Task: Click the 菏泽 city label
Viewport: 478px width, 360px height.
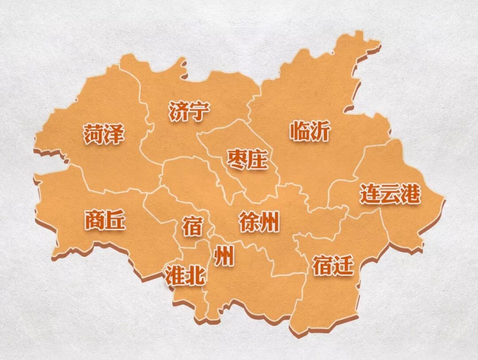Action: click(104, 134)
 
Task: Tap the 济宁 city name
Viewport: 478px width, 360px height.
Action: click(189, 112)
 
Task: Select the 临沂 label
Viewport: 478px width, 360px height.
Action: click(310, 131)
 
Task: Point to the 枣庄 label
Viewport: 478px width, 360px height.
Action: click(247, 159)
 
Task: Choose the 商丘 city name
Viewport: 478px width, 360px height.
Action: click(105, 220)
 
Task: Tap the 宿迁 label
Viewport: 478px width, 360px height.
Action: click(333, 265)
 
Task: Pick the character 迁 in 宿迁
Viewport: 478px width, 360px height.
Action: click(344, 265)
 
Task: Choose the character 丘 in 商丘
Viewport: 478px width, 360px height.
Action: click(116, 220)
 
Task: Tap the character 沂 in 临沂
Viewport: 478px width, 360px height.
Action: click(320, 131)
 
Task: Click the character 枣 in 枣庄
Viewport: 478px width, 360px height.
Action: click(237, 159)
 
